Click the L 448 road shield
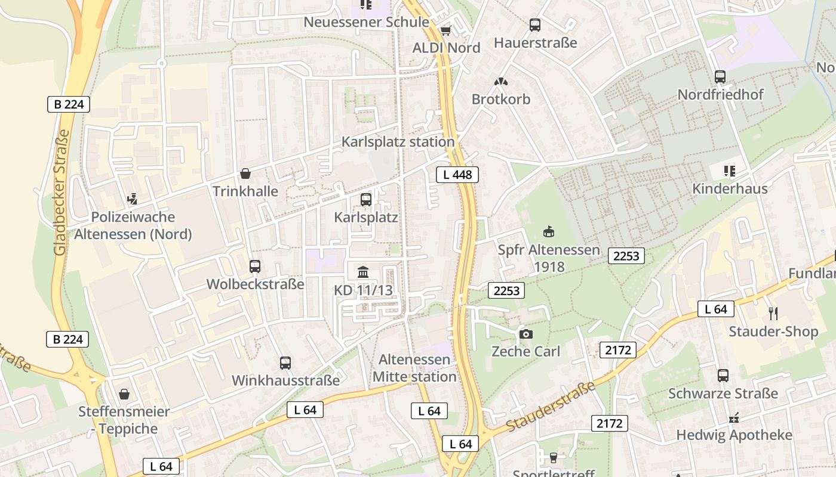click(x=457, y=175)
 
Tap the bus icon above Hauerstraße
click(x=534, y=25)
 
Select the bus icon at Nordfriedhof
click(x=720, y=77)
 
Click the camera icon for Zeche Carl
click(x=525, y=334)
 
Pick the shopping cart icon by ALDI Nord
click(x=445, y=30)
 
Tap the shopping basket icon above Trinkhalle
click(x=245, y=174)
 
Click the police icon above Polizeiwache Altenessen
click(x=133, y=200)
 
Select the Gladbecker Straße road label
click(x=60, y=192)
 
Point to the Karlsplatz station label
click(x=398, y=142)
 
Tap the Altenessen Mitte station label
click(x=414, y=368)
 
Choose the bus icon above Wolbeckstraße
click(x=255, y=267)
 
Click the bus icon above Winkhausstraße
click(x=285, y=363)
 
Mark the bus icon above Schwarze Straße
click(x=723, y=376)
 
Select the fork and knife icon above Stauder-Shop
click(x=773, y=314)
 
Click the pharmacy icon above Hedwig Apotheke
click(x=734, y=417)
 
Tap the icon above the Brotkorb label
click(x=500, y=82)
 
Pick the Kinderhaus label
click(x=730, y=189)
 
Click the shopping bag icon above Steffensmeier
click(x=124, y=394)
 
